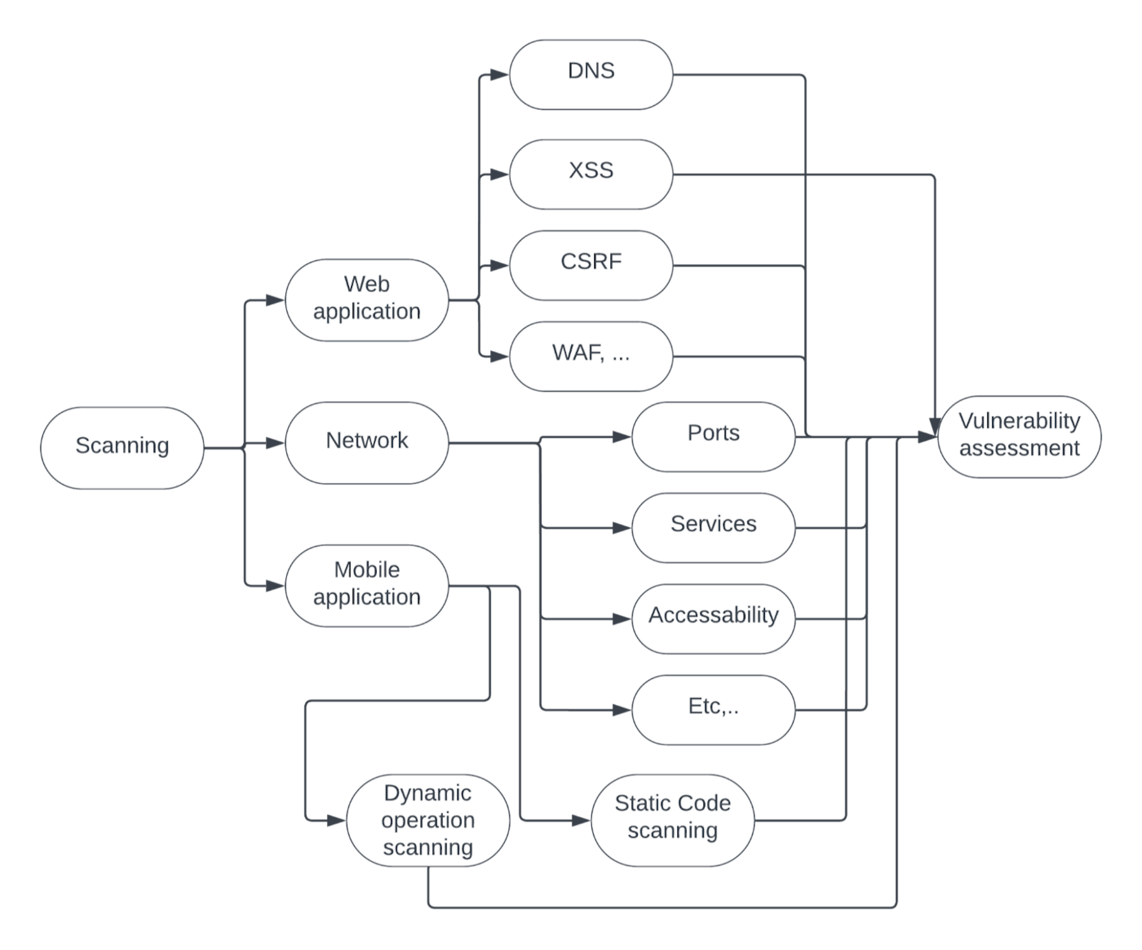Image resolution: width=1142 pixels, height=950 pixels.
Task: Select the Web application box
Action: (366, 299)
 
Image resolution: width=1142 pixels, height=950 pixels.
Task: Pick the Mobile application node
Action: (366, 585)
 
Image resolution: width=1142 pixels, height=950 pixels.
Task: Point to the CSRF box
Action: (591, 265)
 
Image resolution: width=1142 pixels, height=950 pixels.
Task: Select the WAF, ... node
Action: (591, 356)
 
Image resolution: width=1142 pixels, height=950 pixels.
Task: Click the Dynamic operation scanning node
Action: (428, 820)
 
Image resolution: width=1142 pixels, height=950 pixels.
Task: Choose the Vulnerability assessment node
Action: (1019, 436)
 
